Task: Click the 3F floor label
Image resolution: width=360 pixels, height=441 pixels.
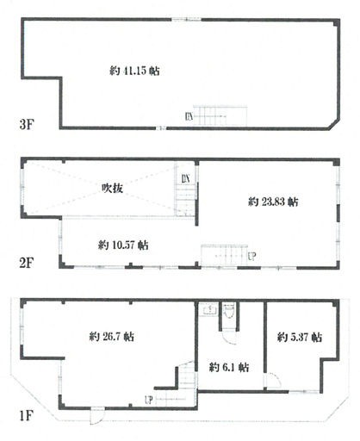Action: coord(27,124)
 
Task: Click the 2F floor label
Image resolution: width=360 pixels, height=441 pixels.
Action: coord(27,263)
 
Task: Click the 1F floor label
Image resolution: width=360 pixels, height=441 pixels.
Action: coord(27,415)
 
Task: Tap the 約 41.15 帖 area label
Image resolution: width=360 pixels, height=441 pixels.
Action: coord(134,71)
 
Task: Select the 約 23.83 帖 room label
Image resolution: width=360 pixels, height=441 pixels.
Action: coord(273,202)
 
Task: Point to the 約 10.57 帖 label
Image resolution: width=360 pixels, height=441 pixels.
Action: coord(123,245)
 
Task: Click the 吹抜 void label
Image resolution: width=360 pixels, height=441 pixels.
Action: coord(113,189)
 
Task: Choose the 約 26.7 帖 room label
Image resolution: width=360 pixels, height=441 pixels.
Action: coord(111,336)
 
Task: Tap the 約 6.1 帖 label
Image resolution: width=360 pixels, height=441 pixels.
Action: coord(229,367)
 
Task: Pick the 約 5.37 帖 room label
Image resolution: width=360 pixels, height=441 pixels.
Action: coord(300,337)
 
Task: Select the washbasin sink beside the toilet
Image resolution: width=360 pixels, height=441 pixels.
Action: coord(209,310)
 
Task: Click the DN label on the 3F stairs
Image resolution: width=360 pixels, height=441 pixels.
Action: coord(189,116)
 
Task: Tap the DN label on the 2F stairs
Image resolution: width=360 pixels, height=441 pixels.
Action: coord(185,178)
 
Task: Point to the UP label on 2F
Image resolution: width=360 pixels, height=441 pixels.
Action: coord(251,256)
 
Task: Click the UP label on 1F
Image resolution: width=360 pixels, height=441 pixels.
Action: coord(148,400)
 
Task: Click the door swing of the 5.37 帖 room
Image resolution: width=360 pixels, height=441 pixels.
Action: coord(274,381)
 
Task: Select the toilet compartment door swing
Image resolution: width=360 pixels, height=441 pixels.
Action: coord(229,338)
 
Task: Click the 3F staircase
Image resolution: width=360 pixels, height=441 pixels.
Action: coord(220,116)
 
